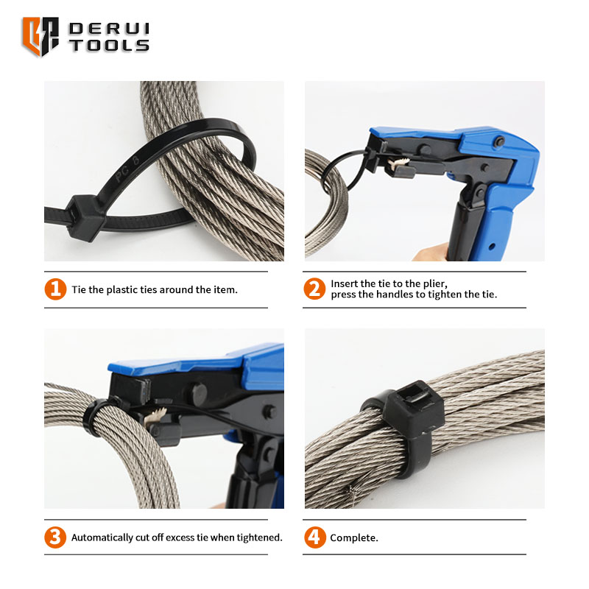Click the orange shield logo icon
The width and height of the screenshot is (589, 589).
pos(40,36)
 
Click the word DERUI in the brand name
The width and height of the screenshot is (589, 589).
pos(109,29)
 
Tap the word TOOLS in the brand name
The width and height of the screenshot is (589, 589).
pos(109,46)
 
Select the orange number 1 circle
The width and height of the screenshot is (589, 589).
pos(56,289)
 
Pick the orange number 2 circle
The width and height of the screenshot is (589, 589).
pos(314,289)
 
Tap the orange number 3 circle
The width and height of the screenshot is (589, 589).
pos(55,537)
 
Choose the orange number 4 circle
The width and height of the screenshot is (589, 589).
pos(315,537)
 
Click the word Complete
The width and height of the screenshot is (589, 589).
pos(354,538)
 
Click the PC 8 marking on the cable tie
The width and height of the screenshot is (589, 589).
pos(127,169)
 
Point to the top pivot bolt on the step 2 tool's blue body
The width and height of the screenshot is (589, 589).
pos(500,141)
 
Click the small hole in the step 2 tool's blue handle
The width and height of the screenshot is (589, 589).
pos(491,247)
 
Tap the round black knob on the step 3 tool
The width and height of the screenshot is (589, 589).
pos(198,394)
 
